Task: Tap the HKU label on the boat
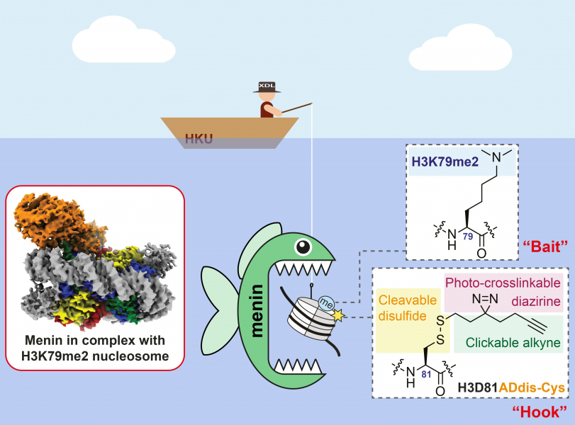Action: click(x=199, y=138)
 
